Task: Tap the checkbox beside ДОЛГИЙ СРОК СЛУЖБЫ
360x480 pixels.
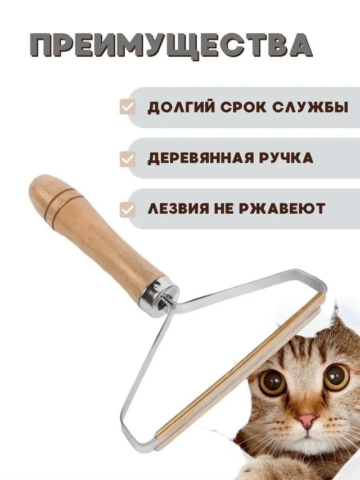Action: [x=127, y=107]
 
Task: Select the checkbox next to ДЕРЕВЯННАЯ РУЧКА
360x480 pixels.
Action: [x=127, y=159]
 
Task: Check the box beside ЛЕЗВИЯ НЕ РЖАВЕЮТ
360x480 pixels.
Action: [x=127, y=209]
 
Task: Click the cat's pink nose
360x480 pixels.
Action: [x=307, y=421]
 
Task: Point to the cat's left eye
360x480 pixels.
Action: [x=272, y=380]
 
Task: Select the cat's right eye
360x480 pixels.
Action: [x=336, y=377]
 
